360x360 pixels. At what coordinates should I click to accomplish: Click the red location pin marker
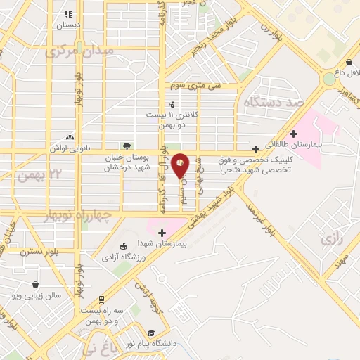(181, 165)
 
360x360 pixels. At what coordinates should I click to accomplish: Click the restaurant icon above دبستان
(68, 13)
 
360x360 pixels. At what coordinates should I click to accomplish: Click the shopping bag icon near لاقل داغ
(349, 62)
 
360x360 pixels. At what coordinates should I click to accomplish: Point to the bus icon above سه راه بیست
(101, 300)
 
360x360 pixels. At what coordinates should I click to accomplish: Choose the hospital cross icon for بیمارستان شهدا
(162, 233)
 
